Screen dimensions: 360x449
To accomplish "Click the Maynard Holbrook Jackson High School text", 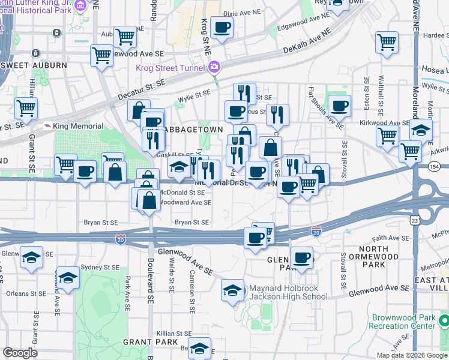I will pyautogui.click(x=288, y=292).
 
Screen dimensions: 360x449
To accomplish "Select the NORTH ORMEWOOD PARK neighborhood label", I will pyautogui.click(x=378, y=257).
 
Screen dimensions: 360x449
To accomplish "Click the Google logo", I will pyautogui.click(x=20, y=353).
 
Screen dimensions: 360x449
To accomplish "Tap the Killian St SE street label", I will pyautogui.click(x=174, y=333).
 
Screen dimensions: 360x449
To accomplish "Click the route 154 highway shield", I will pyautogui.click(x=434, y=166).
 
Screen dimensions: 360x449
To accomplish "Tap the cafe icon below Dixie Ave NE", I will pyautogui.click(x=221, y=27).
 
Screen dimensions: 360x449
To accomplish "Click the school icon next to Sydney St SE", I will pyautogui.click(x=68, y=278).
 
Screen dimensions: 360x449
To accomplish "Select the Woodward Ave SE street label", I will pyautogui.click(x=185, y=203).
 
